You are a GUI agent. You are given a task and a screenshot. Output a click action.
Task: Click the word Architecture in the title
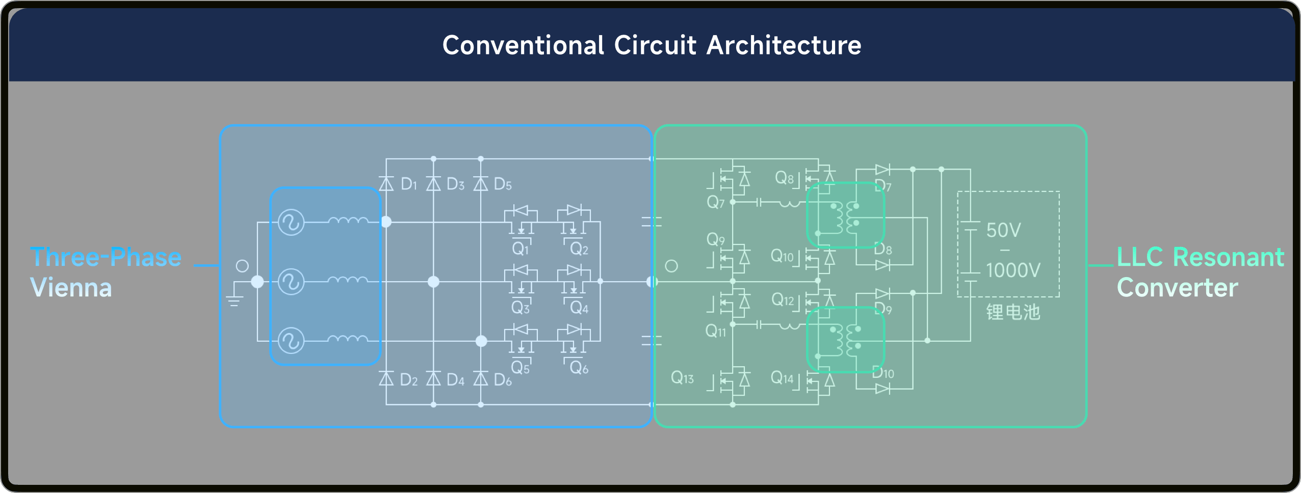[x=784, y=45]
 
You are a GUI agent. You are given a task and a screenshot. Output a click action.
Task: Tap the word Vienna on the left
[x=71, y=288]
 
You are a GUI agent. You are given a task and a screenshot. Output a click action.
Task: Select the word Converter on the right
[x=1177, y=288]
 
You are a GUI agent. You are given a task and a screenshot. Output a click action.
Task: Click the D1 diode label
[x=409, y=184]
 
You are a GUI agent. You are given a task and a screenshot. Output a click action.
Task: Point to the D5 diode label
[x=503, y=184]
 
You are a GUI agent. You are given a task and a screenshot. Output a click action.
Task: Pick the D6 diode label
[x=503, y=379]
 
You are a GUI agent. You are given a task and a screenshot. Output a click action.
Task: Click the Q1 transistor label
[x=521, y=249]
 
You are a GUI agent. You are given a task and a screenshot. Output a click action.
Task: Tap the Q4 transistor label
[x=579, y=308]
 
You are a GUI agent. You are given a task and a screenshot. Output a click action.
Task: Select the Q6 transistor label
[x=579, y=368]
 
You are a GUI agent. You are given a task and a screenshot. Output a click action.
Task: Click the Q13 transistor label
[x=682, y=377]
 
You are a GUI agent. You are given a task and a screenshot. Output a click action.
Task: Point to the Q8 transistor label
[x=785, y=178]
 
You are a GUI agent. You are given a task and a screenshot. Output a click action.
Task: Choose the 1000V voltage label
[x=1013, y=270]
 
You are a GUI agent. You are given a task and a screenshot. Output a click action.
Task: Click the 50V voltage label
[x=1003, y=230]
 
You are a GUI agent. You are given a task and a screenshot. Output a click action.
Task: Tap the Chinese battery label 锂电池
[x=1013, y=312]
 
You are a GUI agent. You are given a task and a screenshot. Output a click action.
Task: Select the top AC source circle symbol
[x=291, y=222]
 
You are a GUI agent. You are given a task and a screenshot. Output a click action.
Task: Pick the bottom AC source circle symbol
[x=291, y=341]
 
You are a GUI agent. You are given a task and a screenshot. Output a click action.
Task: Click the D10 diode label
[x=883, y=373]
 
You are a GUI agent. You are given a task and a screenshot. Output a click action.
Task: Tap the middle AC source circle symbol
[x=291, y=282]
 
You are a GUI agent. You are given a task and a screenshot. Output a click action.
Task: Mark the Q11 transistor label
[x=716, y=332]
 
